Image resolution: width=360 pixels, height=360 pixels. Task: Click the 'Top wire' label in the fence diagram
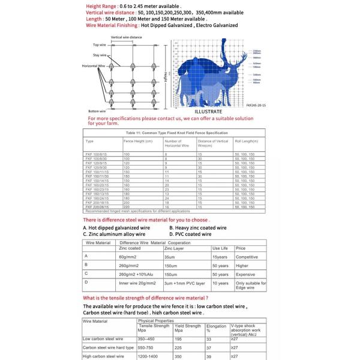pyautogui.click(x=100, y=45)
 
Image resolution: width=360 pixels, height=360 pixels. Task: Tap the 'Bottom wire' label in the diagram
pyautogui.click(x=97, y=112)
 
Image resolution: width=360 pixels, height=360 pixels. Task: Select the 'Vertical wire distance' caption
pyautogui.click(x=127, y=38)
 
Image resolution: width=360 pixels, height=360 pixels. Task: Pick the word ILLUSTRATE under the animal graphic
pyautogui.click(x=208, y=112)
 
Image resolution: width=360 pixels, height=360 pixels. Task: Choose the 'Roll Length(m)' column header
pyautogui.click(x=245, y=142)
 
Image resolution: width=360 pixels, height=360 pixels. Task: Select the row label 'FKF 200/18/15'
pyautogui.click(x=98, y=203)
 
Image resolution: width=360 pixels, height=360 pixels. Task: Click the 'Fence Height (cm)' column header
pyautogui.click(x=138, y=142)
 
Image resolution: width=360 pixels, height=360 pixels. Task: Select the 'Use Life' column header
pyautogui.click(x=220, y=248)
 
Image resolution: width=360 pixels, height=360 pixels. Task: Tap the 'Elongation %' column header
pyautogui.click(x=216, y=328)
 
